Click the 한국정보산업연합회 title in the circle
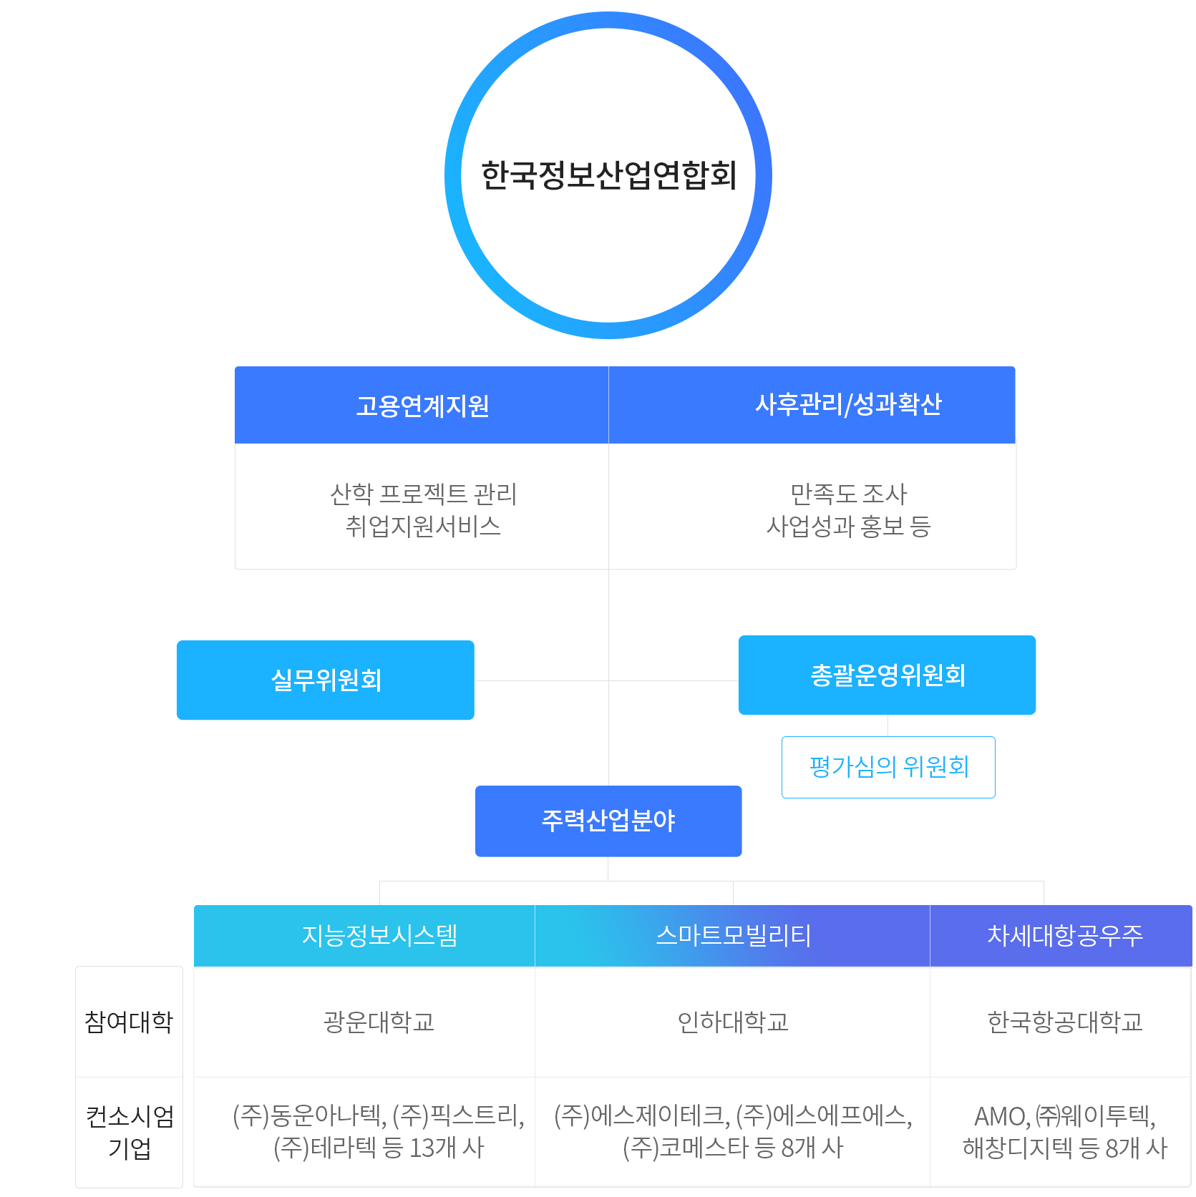coord(608,175)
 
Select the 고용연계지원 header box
coord(422,406)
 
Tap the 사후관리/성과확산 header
coord(848,405)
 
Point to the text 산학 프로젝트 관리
coord(423,494)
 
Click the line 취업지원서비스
coord(423,527)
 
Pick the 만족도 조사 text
coord(848,494)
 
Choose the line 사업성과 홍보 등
coord(848,527)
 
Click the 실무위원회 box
coord(326,680)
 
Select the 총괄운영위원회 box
coord(888,675)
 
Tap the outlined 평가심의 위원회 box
coord(888,767)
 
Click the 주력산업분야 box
coord(608,821)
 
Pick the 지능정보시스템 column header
coord(379,936)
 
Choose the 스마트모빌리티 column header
coord(733,936)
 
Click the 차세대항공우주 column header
coord(1065,936)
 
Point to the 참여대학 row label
coord(129,1022)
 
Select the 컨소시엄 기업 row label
coord(130,1132)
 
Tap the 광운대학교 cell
coord(379,1022)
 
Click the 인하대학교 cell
coord(733,1022)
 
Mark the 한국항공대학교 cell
coord(1065,1022)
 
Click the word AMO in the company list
coord(1000,1116)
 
